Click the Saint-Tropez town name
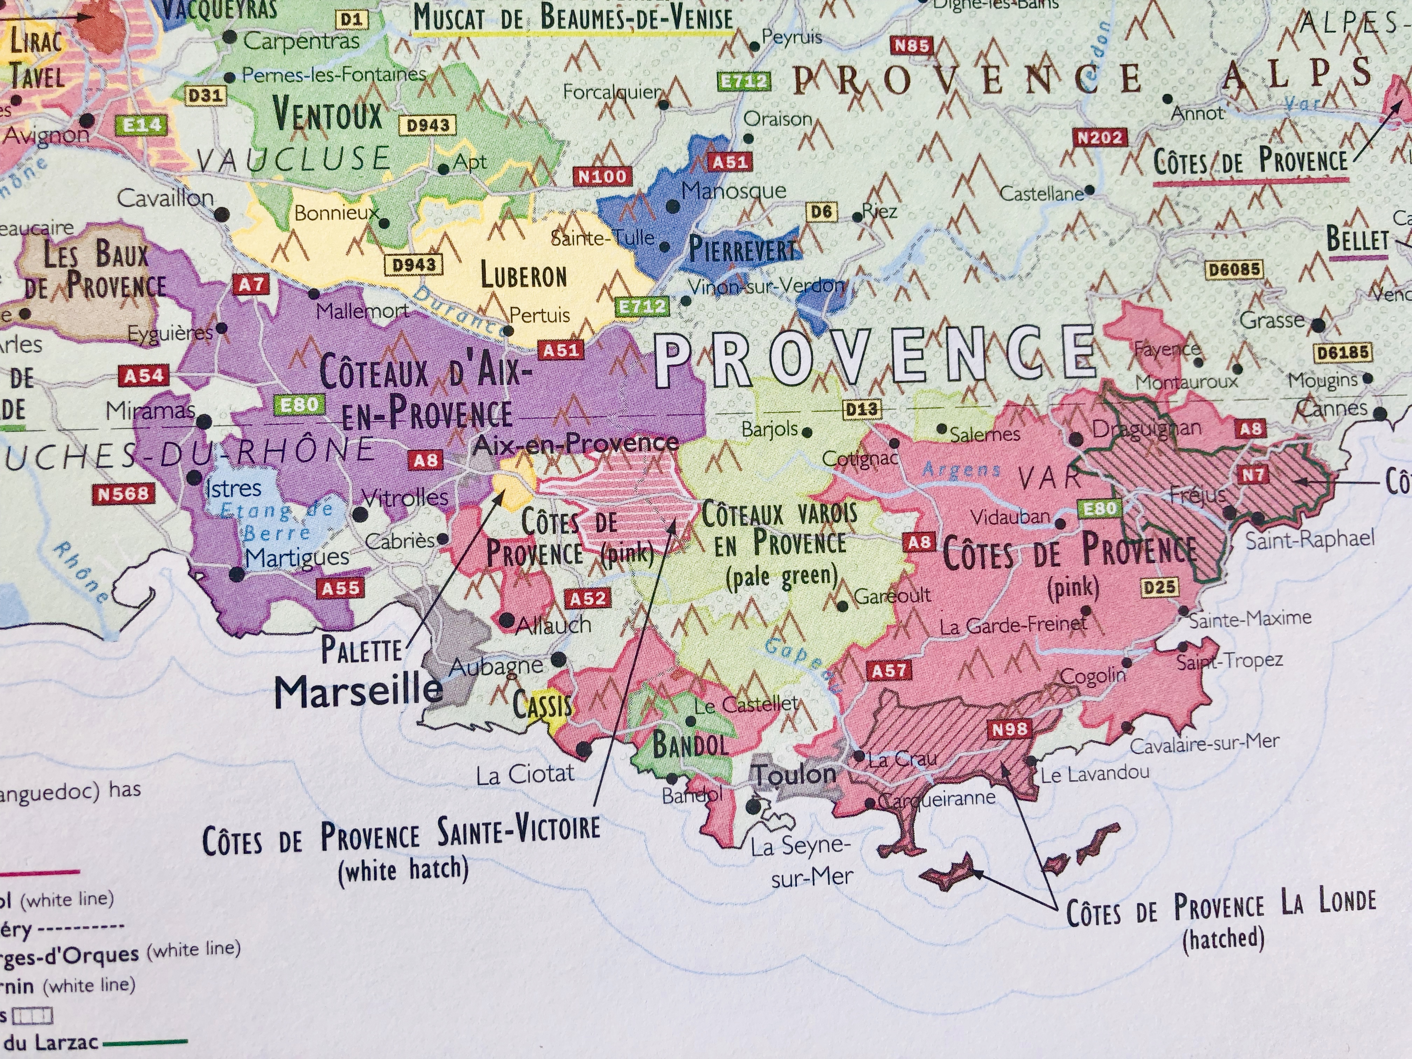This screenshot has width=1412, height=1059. pos(1229,661)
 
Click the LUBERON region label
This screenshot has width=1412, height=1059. pos(524,276)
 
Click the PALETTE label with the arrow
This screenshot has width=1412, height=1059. pos(361,650)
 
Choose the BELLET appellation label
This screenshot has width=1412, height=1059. pos(1357,240)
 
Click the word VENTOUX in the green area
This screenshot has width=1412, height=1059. pos(327,114)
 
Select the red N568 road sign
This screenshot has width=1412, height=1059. pos(123,493)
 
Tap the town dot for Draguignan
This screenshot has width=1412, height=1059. pos(1075,438)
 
